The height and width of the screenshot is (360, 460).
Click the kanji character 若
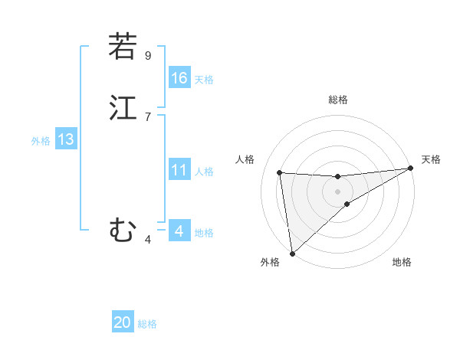123,47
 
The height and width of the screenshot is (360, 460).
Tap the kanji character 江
123,108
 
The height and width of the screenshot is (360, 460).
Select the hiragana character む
123,229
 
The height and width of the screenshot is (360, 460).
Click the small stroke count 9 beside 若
148,55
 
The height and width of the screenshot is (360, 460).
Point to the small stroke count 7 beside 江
148,116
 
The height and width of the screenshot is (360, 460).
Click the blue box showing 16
179,78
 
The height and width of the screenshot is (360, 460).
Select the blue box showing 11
179,170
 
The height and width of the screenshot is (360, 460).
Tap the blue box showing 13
65,139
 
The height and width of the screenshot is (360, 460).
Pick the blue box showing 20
123,322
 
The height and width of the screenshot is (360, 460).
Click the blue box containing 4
179,231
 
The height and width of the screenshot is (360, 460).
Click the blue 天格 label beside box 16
204,80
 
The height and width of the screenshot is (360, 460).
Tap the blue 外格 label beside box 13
41,141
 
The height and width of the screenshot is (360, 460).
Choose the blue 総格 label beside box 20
147,324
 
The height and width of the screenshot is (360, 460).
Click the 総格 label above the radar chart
338,100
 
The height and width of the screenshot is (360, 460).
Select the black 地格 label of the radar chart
402,263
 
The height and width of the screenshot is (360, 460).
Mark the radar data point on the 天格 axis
410,169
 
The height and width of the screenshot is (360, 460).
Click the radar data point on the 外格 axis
291,253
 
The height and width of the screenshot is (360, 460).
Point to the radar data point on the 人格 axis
280,172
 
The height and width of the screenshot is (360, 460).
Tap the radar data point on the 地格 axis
347,204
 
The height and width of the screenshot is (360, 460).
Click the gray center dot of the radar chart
338,191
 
